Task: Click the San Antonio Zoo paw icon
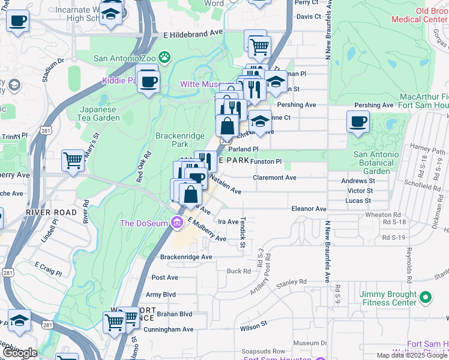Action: (x=164, y=58)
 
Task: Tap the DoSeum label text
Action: (x=144, y=224)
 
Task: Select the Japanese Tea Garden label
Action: (x=100, y=113)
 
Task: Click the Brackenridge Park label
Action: (x=180, y=140)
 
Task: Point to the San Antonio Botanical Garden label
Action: (x=376, y=163)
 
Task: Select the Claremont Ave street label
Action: (x=275, y=178)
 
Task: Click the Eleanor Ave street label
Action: (x=308, y=209)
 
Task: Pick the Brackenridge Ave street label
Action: (x=186, y=257)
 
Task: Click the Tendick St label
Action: (x=243, y=232)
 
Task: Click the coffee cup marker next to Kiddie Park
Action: (x=148, y=80)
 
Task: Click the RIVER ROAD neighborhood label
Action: (x=51, y=212)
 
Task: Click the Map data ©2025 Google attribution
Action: (x=412, y=355)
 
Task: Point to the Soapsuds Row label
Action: (x=263, y=351)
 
